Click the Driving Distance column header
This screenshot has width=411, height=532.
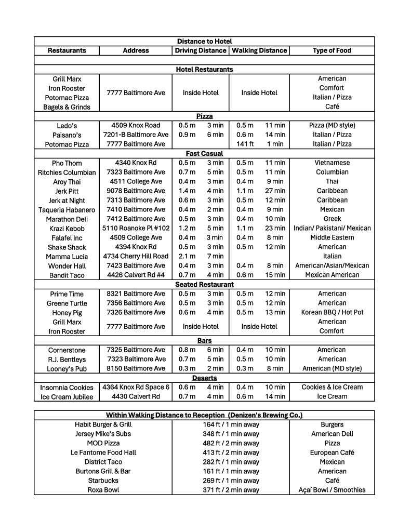click(x=201, y=50)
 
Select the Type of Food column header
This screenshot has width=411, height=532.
click(x=332, y=50)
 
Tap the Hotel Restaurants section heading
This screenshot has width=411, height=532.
click(x=204, y=69)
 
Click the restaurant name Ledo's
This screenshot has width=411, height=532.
click(x=67, y=126)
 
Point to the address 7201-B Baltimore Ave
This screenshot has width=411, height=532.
click(x=136, y=135)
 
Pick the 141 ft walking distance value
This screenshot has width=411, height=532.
click(x=245, y=144)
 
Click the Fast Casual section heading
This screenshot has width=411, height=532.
click(x=204, y=153)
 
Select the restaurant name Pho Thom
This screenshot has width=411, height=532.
click(x=67, y=163)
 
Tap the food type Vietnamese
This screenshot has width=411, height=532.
click(x=332, y=163)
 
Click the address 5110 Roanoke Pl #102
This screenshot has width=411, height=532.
click(x=136, y=228)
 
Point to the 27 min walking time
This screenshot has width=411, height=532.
click(x=275, y=191)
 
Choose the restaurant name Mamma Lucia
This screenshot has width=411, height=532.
click(x=67, y=257)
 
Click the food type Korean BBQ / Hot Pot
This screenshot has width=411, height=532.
click(x=332, y=312)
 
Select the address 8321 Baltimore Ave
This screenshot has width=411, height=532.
click(x=136, y=294)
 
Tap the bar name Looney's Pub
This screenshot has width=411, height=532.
click(x=67, y=369)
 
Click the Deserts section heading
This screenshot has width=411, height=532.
click(x=204, y=378)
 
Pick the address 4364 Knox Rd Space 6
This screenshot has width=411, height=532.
click(x=136, y=387)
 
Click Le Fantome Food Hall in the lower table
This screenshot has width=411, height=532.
click(x=103, y=453)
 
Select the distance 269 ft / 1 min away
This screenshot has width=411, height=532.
click(x=231, y=481)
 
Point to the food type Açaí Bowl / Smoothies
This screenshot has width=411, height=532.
click(x=332, y=490)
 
